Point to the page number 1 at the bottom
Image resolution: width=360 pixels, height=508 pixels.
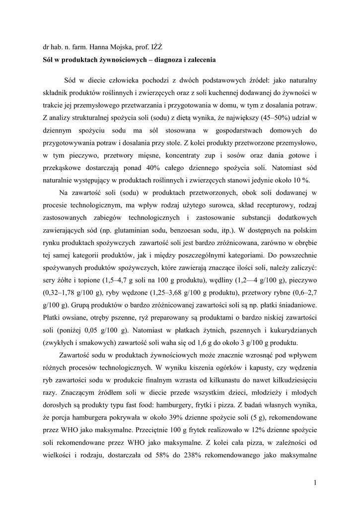315,482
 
